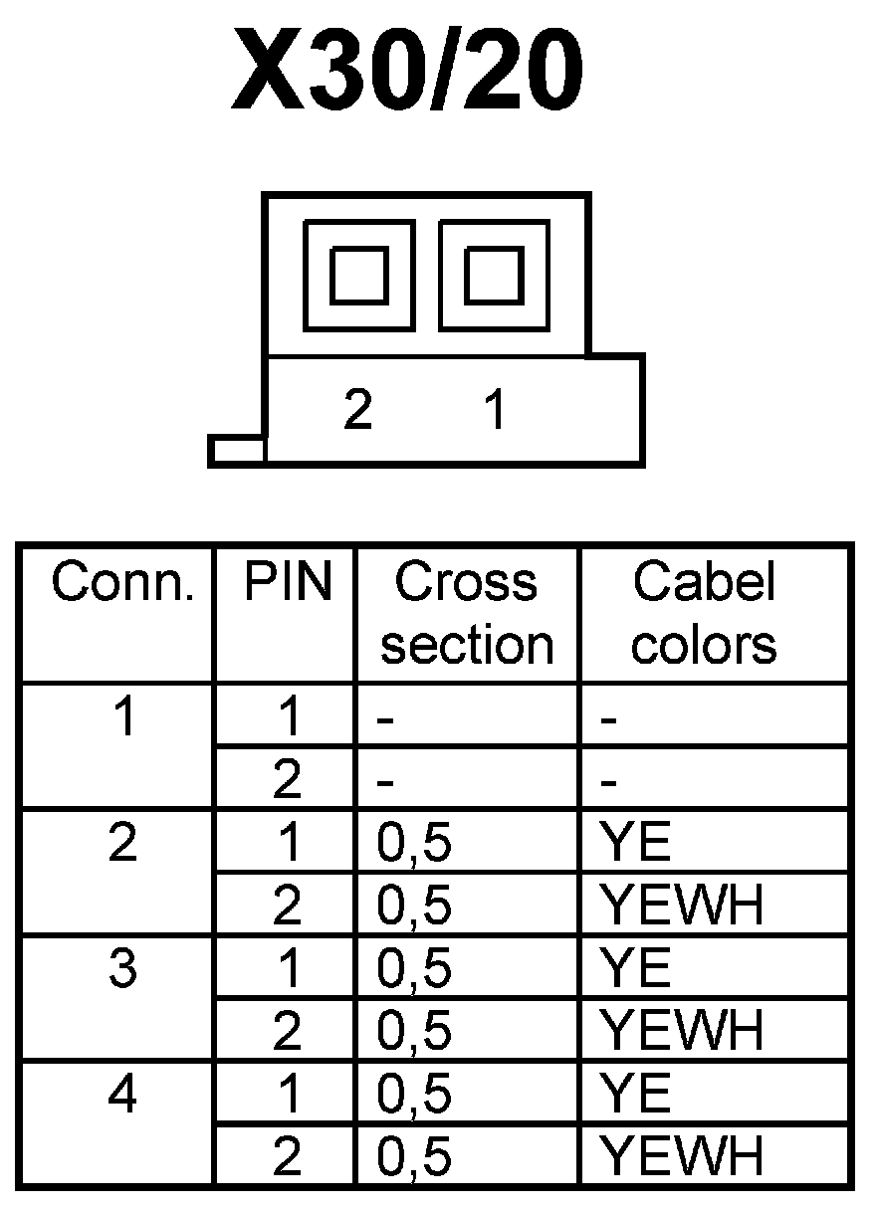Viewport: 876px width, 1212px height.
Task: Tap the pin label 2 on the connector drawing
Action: click(x=357, y=409)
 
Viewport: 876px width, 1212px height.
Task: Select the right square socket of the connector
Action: click(x=494, y=275)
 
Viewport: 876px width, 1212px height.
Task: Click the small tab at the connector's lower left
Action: click(x=237, y=450)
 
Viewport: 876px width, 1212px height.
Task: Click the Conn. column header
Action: click(x=121, y=583)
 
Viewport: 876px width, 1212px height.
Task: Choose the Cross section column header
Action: click(x=467, y=613)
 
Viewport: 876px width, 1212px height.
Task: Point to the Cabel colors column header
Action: click(x=704, y=613)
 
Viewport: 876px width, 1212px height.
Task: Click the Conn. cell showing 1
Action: click(x=121, y=718)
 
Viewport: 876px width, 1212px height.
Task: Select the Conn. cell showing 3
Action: click(x=121, y=969)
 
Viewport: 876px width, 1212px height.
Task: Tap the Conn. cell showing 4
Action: click(x=121, y=1095)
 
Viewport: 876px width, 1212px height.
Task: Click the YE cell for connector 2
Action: click(x=637, y=844)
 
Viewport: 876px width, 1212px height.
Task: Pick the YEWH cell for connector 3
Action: click(x=683, y=1032)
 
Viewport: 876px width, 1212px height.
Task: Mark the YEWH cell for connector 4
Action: click(x=683, y=1157)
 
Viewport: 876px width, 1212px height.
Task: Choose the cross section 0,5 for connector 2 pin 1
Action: click(x=414, y=844)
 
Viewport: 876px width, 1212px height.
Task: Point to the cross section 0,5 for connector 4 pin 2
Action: click(x=414, y=1157)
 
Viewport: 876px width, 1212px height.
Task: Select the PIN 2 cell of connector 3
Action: click(x=287, y=1032)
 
